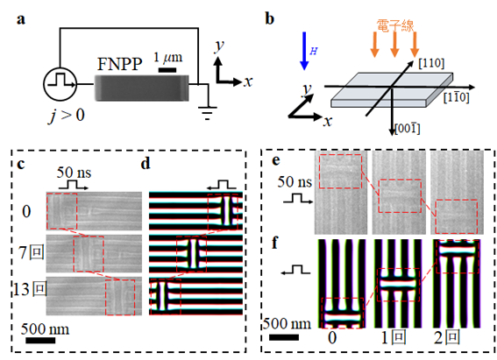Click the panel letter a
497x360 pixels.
tap(21, 19)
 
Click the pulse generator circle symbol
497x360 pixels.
tap(60, 84)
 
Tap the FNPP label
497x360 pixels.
tap(119, 64)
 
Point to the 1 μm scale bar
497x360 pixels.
tap(167, 70)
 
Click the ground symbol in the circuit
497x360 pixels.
tap(207, 113)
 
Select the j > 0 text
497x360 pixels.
tap(67, 115)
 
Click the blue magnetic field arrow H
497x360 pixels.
tap(304, 51)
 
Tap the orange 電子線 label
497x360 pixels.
tap(395, 25)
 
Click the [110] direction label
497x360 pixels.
tap(431, 63)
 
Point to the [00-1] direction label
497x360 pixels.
tap(408, 129)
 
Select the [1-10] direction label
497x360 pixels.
tap(456, 98)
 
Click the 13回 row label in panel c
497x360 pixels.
tap(30, 289)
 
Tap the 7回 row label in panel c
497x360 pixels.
tap(32, 252)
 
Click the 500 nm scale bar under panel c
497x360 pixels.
tap(40, 341)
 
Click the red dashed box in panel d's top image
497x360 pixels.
tap(223, 212)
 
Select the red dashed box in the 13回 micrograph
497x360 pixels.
tap(120, 297)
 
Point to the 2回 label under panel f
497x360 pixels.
tap(447, 338)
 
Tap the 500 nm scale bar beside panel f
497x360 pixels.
tap(284, 337)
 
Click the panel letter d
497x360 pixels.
tap(146, 164)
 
